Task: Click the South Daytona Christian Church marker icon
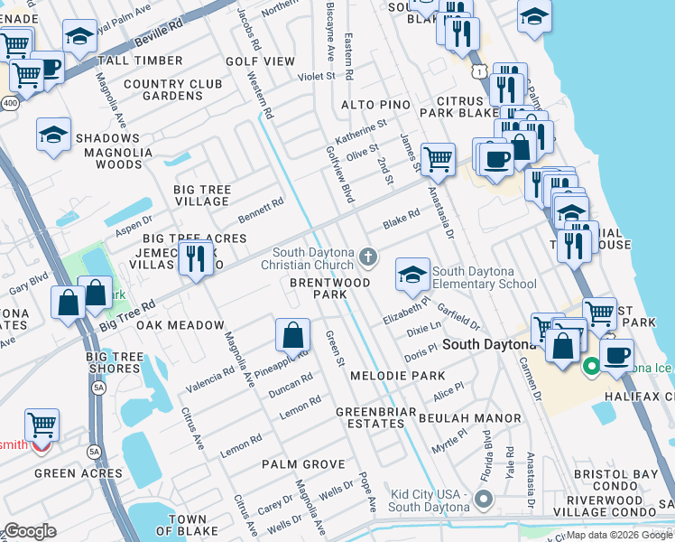(367, 257)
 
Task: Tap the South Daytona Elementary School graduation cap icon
(412, 275)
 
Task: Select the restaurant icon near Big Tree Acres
(195, 258)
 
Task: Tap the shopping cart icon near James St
(437, 159)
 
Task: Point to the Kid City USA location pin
(484, 499)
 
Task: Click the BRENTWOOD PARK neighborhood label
(318, 288)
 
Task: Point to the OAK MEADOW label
(181, 325)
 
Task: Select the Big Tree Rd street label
(127, 313)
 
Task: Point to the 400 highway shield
(9, 79)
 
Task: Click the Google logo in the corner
(30, 531)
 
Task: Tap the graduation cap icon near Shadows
(53, 135)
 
